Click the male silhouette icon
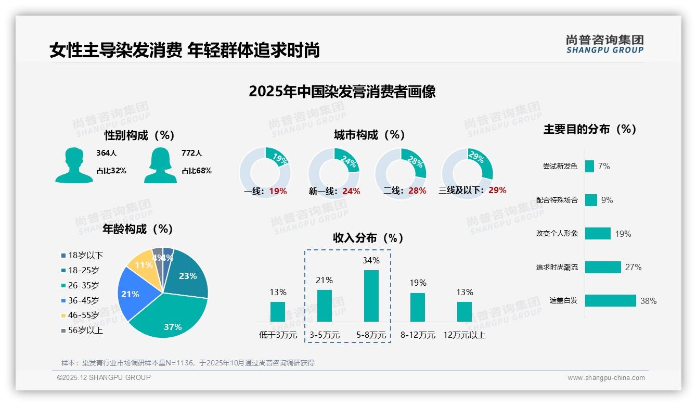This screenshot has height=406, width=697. point(74,166)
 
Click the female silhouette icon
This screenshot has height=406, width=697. point(160,166)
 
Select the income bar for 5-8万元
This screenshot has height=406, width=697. point(371,296)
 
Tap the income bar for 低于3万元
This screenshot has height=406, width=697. point(278,311)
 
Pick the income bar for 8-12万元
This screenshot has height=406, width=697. point(418,307)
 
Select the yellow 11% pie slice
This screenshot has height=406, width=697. point(142,265)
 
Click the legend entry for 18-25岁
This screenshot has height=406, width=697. point(83,270)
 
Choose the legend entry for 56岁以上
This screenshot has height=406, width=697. point(85,330)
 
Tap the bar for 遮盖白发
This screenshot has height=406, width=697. point(610,300)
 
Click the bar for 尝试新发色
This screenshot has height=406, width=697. point(589,166)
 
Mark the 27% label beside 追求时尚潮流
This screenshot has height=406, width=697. point(633,267)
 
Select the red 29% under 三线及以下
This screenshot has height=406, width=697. point(497,190)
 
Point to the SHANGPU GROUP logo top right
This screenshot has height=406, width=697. point(604,44)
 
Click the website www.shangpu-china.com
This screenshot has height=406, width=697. point(606,378)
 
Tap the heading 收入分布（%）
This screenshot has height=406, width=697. point(368,238)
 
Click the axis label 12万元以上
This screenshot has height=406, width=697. point(464,335)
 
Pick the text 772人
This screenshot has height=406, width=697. point(192,153)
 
